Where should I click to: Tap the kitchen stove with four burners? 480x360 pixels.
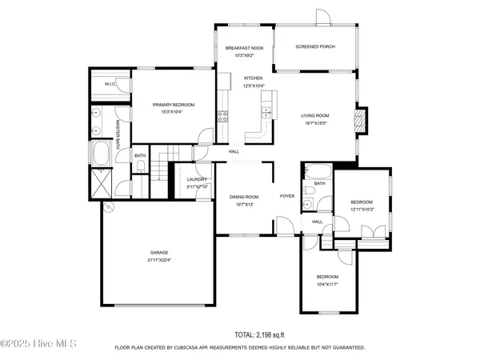[223, 114]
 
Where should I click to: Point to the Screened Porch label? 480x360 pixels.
[315, 47]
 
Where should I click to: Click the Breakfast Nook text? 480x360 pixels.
[244, 48]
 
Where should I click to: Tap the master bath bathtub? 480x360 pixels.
[102, 152]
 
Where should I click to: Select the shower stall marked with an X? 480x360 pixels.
[101, 182]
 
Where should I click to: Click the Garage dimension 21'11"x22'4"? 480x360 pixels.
[158, 260]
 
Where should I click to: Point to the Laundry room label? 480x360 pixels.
[197, 179]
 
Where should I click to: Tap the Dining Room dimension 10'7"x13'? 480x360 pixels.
[244, 204]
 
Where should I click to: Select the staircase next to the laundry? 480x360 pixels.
[163, 166]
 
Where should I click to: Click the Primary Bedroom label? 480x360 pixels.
[174, 105]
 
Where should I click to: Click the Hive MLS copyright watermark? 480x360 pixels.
[38, 344]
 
